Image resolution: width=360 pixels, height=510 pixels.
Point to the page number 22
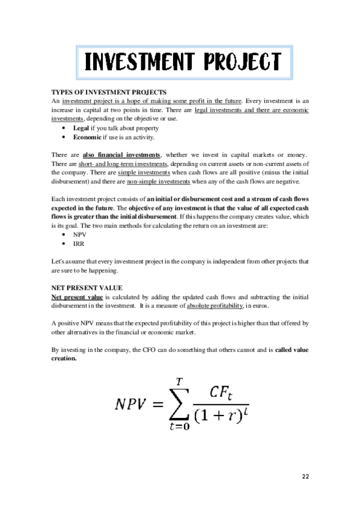tap(305, 476)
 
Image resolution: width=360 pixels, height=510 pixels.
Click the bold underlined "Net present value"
tap(76, 298)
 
